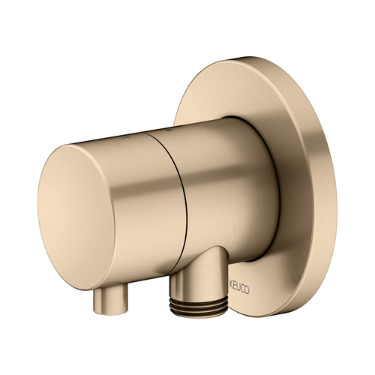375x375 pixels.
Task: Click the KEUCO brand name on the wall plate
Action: (239, 289)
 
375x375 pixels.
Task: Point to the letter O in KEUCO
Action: (247, 290)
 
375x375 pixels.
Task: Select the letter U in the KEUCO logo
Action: (239, 288)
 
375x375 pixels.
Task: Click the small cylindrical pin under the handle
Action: (110, 301)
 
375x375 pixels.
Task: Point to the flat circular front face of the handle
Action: (76, 217)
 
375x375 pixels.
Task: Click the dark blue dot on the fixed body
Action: (167, 130)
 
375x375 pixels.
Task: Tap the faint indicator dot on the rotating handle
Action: (124, 137)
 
